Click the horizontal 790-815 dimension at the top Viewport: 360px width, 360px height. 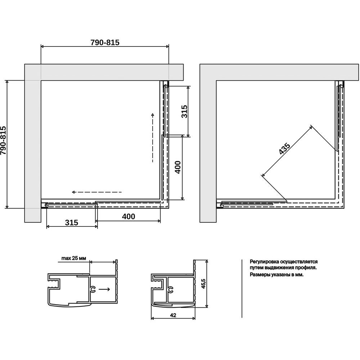(x=105, y=43)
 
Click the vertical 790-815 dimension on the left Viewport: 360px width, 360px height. (x=3, y=140)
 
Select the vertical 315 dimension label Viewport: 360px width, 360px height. (x=184, y=111)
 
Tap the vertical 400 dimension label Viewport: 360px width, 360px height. (x=178, y=167)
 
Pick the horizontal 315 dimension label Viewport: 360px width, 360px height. (x=71, y=222)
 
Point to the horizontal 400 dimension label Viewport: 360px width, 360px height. (x=129, y=216)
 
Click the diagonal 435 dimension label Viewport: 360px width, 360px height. (x=284, y=148)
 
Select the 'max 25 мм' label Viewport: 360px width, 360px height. (x=74, y=258)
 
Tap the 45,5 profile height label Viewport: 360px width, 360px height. (x=203, y=284)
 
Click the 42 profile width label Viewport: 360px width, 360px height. (x=173, y=315)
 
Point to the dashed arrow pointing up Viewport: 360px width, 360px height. (x=153, y=138)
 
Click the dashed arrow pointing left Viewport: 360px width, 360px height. (x=96, y=192)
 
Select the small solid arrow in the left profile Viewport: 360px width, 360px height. (x=104, y=289)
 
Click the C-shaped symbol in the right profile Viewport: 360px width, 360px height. (x=170, y=290)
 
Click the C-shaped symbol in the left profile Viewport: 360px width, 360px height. (x=93, y=290)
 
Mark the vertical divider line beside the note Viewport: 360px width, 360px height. (x=242, y=289)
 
